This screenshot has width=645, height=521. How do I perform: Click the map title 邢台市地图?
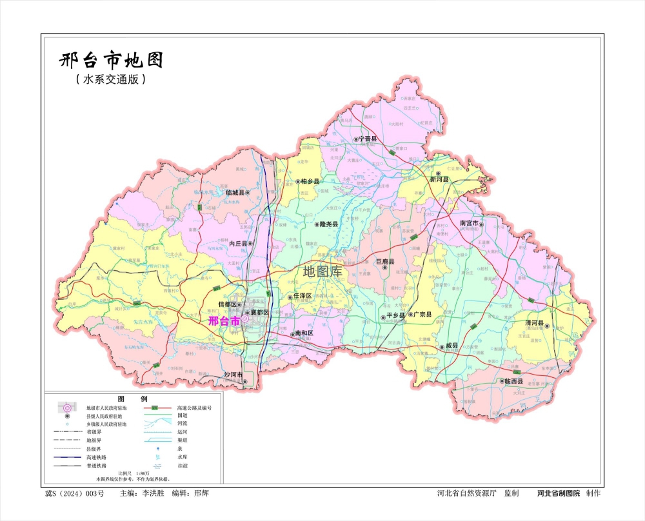(x=110, y=61)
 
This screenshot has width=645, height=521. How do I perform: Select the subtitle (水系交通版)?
(x=110, y=80)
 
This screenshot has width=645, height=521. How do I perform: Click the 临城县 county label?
(x=236, y=192)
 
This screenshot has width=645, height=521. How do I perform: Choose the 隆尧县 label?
(x=329, y=224)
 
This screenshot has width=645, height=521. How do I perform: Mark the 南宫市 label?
(x=469, y=223)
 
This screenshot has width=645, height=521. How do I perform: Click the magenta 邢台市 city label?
(x=224, y=319)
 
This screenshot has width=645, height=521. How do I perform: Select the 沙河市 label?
(x=233, y=375)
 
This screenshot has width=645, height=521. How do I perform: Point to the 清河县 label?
(x=534, y=323)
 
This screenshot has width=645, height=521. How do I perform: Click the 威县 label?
(x=451, y=346)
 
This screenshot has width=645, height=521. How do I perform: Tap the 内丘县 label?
(x=238, y=244)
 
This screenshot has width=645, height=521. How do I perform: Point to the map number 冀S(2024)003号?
(x=74, y=493)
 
